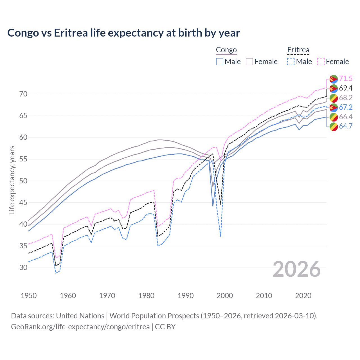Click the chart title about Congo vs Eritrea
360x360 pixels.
click(123, 33)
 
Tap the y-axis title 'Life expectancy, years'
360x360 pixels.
click(12, 180)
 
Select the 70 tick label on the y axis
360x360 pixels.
click(23, 94)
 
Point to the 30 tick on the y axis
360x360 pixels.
click(23, 267)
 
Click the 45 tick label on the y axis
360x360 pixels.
click(23, 202)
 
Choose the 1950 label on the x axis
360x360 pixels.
click(29, 296)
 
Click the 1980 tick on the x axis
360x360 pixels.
click(146, 296)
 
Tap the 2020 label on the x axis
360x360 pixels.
click(303, 296)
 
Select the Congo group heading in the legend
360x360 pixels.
click(226, 50)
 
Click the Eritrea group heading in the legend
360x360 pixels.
click(298, 50)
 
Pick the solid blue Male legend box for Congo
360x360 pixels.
click(220, 62)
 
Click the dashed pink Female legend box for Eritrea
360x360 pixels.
click(321, 62)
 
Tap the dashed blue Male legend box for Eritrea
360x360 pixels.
click(291, 62)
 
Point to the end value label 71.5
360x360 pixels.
click(346, 78)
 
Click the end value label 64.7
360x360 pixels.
click(346, 126)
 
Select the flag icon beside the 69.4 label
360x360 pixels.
click(334, 88)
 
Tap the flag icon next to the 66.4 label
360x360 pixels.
click(334, 117)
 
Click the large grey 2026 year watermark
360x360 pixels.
click(296, 269)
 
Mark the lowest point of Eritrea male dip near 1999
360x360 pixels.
click(221, 237)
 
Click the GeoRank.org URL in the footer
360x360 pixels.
click(80, 327)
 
